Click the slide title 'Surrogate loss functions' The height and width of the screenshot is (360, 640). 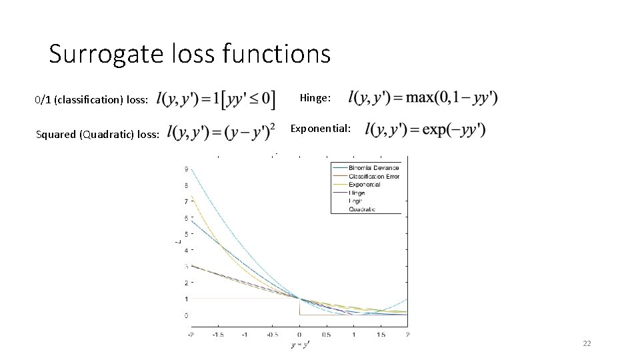[189, 54]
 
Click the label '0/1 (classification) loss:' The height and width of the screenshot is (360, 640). [91, 100]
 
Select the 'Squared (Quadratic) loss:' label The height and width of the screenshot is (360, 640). [97, 135]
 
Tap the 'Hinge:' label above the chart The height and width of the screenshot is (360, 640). [315, 98]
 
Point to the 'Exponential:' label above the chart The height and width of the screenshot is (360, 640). [321, 128]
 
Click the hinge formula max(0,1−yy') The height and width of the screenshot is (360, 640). [423, 98]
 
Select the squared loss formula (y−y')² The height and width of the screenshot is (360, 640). [222, 133]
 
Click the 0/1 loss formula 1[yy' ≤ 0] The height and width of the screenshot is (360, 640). [215, 99]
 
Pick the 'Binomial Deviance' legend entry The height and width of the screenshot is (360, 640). [374, 167]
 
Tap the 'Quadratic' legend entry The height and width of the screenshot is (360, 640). [362, 209]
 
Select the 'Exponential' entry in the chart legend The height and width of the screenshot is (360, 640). [365, 184]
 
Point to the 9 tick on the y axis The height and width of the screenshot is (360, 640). [185, 169]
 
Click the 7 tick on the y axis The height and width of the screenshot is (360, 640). [185, 201]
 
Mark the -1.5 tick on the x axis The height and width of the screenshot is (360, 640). [218, 334]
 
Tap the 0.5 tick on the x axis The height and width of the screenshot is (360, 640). [326, 334]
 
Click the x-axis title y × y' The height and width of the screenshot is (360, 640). [299, 345]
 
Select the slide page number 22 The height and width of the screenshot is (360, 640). [587, 343]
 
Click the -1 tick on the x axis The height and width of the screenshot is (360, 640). [245, 334]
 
